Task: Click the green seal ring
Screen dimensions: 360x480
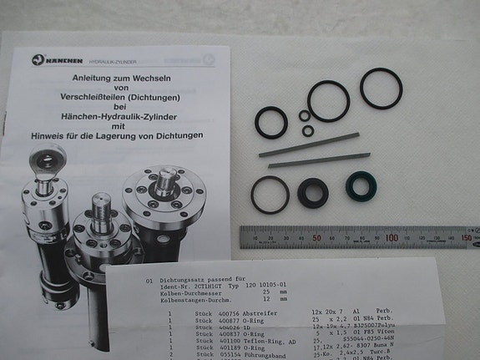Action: [360, 187]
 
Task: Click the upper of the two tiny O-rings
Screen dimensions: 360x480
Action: [304, 115]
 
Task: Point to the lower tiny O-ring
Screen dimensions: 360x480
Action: [308, 130]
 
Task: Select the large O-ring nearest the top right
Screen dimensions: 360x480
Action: [381, 89]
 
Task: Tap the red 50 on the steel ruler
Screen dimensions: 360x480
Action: [316, 238]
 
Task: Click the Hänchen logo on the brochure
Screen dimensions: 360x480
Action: [38, 59]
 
